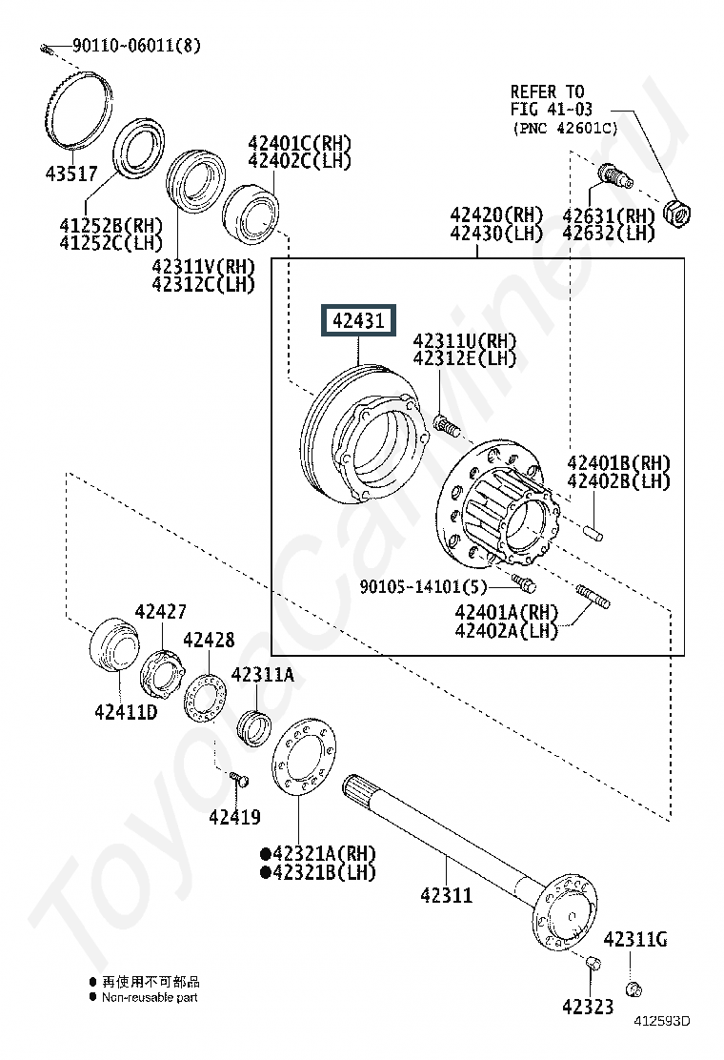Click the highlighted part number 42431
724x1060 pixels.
(358, 320)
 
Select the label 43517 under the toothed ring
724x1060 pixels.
(71, 173)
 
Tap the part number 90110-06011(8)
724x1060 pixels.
(136, 46)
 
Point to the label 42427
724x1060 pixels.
(161, 612)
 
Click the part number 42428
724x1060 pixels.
(210, 640)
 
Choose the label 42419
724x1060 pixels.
(235, 817)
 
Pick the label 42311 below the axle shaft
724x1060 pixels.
(447, 895)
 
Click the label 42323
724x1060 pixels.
(589, 1007)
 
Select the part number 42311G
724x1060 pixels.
(635, 939)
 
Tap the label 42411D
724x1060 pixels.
(127, 711)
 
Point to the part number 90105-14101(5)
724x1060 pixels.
(423, 586)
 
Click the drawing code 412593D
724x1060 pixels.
(662, 1021)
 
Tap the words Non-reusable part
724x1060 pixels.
(150, 997)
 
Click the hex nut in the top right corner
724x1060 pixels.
(677, 214)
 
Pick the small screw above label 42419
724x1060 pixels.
(238, 779)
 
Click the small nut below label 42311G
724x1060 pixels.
(633, 989)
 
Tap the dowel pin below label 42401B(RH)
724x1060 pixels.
(594, 534)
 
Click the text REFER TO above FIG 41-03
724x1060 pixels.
(547, 92)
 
